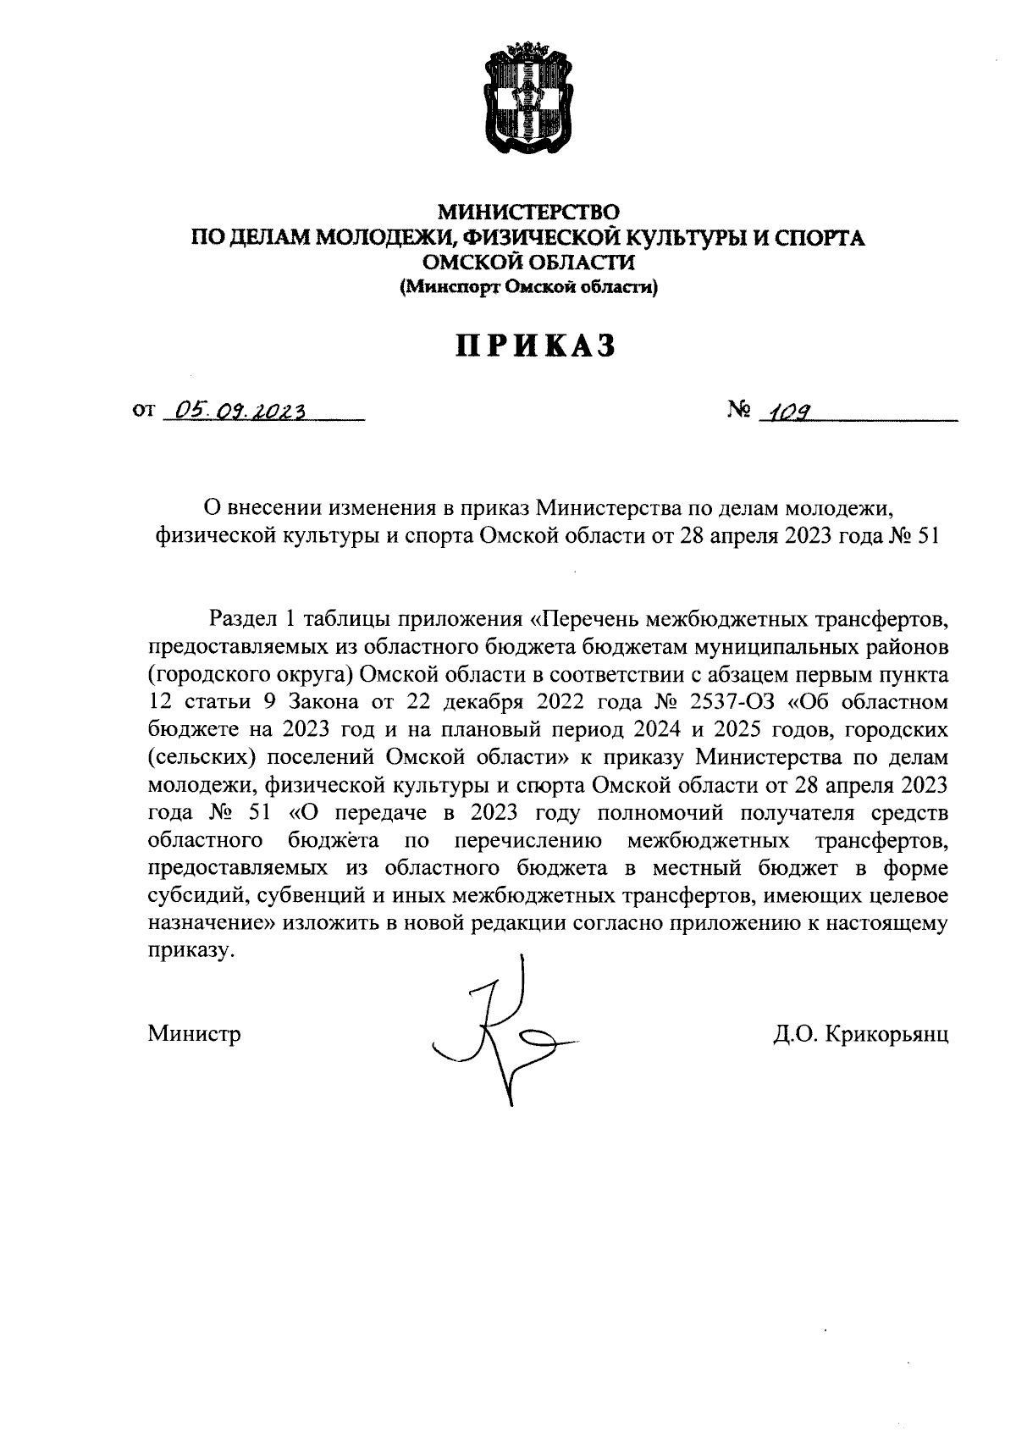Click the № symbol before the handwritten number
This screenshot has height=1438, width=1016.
pos(739,411)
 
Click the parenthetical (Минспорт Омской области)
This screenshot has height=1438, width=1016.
pos(528,288)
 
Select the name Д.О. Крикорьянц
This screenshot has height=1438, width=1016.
pos(860,1034)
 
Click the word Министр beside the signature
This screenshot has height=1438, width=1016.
pos(194,1034)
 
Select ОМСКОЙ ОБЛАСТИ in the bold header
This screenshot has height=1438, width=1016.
pos(528,263)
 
